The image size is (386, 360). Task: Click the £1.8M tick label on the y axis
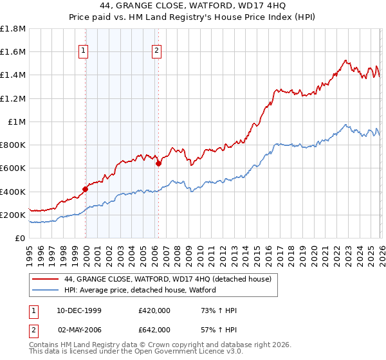pos(13,29)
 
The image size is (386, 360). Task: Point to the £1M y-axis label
pos(17,122)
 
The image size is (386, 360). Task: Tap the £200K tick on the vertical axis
pos(13,215)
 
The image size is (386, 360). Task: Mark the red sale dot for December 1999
pos(85,189)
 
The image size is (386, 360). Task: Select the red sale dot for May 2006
pos(158,163)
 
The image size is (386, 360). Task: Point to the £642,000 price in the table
pos(154,329)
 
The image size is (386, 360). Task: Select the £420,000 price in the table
pos(154,310)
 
